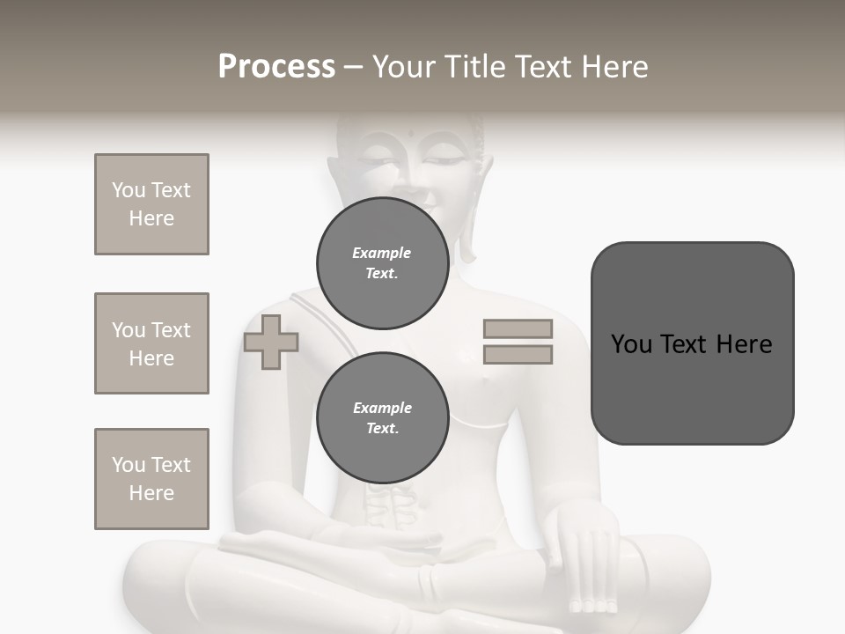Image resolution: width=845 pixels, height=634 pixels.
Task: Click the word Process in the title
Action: (x=276, y=67)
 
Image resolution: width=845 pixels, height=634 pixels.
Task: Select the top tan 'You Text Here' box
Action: (x=151, y=204)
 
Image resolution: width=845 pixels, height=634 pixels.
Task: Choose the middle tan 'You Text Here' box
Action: (x=151, y=343)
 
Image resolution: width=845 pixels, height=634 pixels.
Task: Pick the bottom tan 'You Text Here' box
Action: (x=151, y=479)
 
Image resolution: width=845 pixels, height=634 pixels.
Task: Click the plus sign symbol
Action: (x=271, y=342)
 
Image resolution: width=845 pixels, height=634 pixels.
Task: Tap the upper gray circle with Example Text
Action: (x=382, y=262)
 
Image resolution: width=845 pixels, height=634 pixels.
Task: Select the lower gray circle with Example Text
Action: (x=382, y=418)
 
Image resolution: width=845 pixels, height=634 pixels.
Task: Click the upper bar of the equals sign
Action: (x=518, y=328)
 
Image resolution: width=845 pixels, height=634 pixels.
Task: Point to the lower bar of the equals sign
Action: (x=518, y=354)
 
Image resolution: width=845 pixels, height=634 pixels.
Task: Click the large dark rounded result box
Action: (x=692, y=343)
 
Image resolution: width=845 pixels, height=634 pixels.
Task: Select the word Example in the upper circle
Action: (x=382, y=253)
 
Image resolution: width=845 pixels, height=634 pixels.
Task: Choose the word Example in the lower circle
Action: (x=382, y=408)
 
